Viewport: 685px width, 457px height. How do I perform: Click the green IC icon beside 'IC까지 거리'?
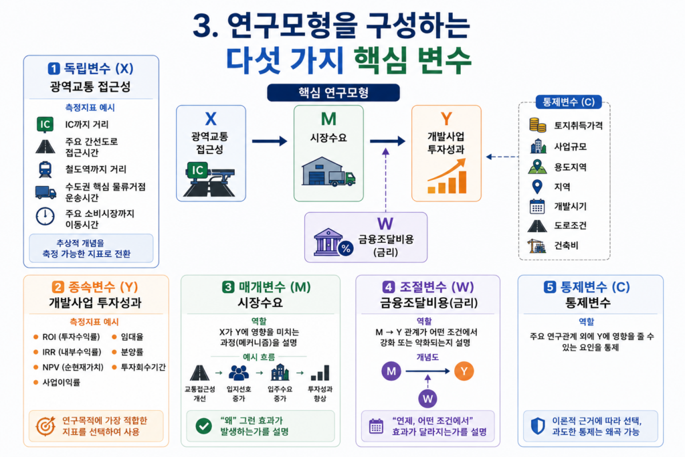pyautogui.click(x=45, y=124)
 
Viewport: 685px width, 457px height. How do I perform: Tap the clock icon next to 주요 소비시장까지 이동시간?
pyautogui.click(x=45, y=216)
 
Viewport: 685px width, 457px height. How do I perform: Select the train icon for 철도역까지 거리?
pyautogui.click(x=45, y=169)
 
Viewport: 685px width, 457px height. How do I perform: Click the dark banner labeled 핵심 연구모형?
pyautogui.click(x=333, y=92)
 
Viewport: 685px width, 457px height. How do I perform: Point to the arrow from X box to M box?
pyautogui.click(x=270, y=141)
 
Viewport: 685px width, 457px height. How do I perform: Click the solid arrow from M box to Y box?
pyautogui.click(x=387, y=141)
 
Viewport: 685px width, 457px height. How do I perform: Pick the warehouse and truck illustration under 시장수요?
pyautogui.click(x=328, y=172)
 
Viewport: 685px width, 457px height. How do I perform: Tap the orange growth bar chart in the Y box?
pyautogui.click(x=446, y=176)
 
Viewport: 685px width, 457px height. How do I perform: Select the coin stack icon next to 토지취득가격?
pyautogui.click(x=537, y=125)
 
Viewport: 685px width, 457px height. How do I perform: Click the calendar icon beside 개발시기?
pyautogui.click(x=537, y=206)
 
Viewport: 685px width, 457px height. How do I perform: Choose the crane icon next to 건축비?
pyautogui.click(x=536, y=246)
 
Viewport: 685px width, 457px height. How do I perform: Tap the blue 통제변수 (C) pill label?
pyautogui.click(x=569, y=102)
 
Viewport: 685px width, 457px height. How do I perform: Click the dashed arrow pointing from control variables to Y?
pyautogui.click(x=502, y=157)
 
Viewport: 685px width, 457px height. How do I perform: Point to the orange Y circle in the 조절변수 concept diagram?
pyautogui.click(x=464, y=371)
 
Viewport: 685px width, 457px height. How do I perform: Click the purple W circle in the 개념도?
pyautogui.click(x=427, y=399)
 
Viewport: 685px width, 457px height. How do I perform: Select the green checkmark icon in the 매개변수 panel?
pyautogui.click(x=203, y=426)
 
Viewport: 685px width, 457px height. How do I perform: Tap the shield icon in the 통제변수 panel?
pyautogui.click(x=538, y=426)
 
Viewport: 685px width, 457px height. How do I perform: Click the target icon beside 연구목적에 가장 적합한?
pyautogui.click(x=45, y=426)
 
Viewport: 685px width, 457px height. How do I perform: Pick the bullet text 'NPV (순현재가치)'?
pyautogui.click(x=73, y=367)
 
